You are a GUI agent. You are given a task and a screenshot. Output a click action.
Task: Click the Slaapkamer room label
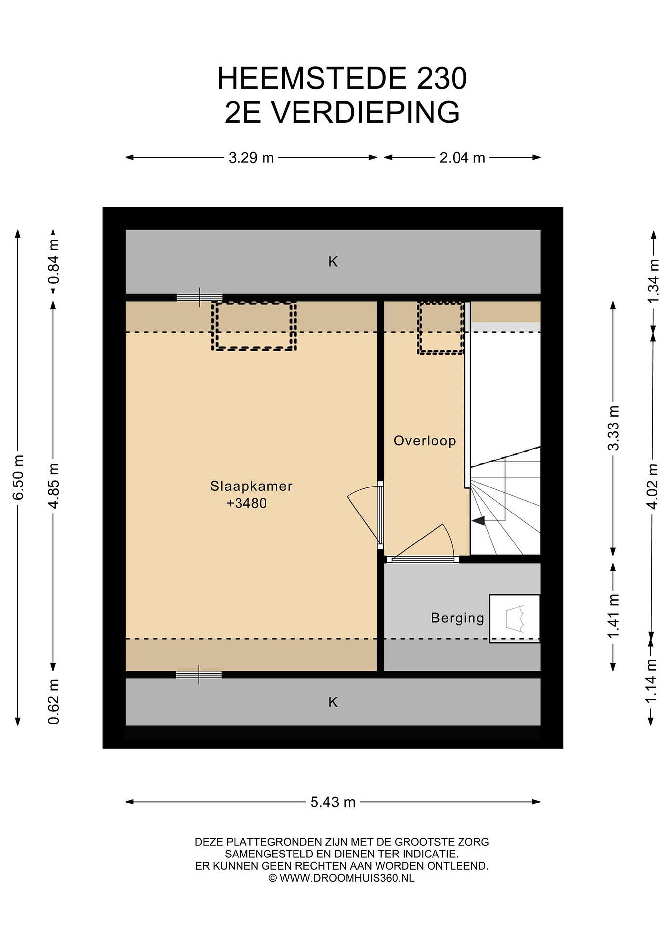(251, 486)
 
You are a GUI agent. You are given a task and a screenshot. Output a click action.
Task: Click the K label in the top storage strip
(333, 261)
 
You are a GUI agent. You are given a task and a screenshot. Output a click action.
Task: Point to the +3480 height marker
(247, 503)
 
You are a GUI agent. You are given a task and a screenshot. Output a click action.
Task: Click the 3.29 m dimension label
(251, 158)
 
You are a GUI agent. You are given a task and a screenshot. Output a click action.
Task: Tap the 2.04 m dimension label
(462, 158)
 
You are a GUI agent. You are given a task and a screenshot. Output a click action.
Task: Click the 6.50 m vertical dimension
(18, 477)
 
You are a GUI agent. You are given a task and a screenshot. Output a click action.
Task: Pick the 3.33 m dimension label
(614, 428)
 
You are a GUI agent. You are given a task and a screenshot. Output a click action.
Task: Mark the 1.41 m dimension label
(614, 616)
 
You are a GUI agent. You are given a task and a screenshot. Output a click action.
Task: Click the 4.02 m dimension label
(653, 486)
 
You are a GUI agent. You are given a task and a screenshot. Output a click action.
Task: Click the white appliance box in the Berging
(515, 619)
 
